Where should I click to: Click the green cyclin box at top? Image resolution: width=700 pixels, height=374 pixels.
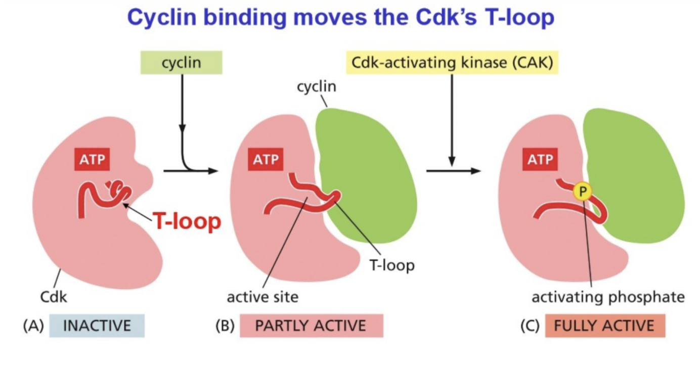pyautogui.click(x=181, y=63)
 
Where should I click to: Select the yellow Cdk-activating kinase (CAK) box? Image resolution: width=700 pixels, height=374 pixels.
pyautogui.click(x=452, y=63)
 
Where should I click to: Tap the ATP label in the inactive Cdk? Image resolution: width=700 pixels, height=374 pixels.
pyautogui.click(x=93, y=159)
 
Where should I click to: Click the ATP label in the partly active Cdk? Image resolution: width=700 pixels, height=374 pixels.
pyautogui.click(x=266, y=159)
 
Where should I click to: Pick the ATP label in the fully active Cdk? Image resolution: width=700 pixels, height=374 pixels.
pyautogui.click(x=541, y=159)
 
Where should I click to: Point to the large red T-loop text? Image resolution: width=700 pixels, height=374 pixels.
pyautogui.click(x=187, y=221)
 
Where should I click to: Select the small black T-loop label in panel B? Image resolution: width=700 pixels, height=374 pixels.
pyautogui.click(x=391, y=265)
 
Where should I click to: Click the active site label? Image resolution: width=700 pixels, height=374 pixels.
pyautogui.click(x=262, y=297)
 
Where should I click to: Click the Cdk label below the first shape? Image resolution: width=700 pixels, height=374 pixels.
pyautogui.click(x=54, y=297)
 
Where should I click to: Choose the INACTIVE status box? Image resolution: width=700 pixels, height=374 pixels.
pyautogui.click(x=97, y=325)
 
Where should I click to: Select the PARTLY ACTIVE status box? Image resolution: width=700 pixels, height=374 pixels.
pyautogui.click(x=311, y=325)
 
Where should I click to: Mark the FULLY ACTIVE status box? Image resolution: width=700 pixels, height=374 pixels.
pyautogui.click(x=604, y=325)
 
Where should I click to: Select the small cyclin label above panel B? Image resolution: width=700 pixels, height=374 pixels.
pyautogui.click(x=317, y=86)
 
